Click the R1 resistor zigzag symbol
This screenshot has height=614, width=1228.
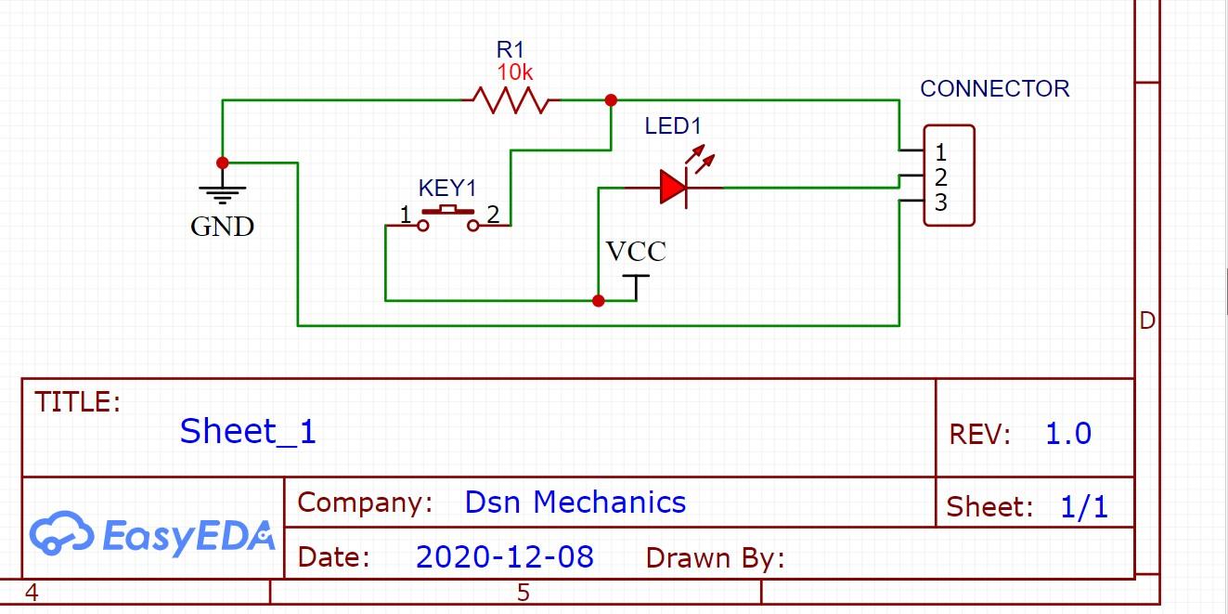pyautogui.click(x=510, y=99)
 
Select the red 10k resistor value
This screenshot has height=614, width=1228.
pyautogui.click(x=515, y=72)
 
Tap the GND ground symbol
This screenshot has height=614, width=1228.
pyautogui.click(x=223, y=193)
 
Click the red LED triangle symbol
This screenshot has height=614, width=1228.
pyautogui.click(x=673, y=188)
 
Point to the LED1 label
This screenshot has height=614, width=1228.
pyautogui.click(x=673, y=126)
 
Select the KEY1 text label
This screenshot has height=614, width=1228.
pyautogui.click(x=446, y=189)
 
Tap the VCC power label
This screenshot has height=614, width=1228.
pyautogui.click(x=636, y=252)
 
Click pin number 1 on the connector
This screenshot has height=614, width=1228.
pyautogui.click(x=940, y=152)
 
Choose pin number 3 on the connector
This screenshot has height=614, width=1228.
pyautogui.click(x=940, y=203)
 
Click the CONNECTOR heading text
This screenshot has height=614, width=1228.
pyautogui.click(x=994, y=89)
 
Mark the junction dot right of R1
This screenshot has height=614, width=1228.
pyautogui.click(x=611, y=99)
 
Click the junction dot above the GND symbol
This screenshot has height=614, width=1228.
pyautogui.click(x=223, y=163)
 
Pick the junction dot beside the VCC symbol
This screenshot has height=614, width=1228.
pyautogui.click(x=599, y=300)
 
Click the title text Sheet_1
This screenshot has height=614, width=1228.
pyautogui.click(x=248, y=431)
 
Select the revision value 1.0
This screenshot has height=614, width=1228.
pyautogui.click(x=1068, y=434)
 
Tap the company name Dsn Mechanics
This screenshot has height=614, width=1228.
pyautogui.click(x=575, y=503)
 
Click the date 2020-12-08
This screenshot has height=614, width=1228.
pyautogui.click(x=504, y=556)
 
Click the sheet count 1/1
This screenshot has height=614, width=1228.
pyautogui.click(x=1083, y=507)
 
